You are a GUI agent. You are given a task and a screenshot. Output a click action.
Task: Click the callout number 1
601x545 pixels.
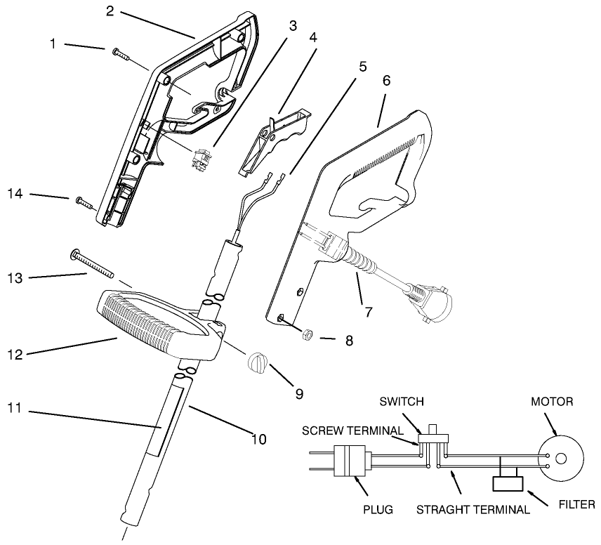coord(53,44)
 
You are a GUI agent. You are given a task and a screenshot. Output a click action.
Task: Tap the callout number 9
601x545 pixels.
coord(299,394)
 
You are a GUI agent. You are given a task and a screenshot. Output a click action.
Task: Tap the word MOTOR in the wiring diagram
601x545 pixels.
coord(553,402)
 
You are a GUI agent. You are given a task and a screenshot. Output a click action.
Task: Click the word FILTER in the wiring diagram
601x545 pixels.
coord(576,504)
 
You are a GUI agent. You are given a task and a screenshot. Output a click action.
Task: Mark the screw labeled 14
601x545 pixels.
coord(84,203)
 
